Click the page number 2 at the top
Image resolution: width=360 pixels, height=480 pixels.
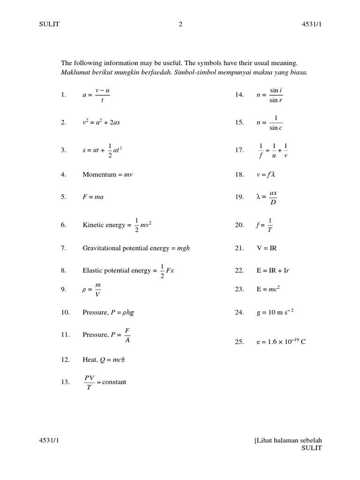click(x=180, y=25)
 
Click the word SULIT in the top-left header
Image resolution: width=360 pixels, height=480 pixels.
click(x=49, y=25)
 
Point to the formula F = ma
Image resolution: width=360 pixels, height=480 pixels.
click(x=93, y=197)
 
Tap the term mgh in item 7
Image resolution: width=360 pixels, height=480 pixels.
click(x=183, y=248)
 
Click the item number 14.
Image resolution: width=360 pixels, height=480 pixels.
click(x=240, y=95)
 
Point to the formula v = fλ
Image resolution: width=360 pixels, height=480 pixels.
click(x=265, y=174)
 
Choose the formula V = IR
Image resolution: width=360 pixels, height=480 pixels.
click(x=267, y=248)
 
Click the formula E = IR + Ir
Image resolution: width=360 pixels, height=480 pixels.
click(x=270, y=270)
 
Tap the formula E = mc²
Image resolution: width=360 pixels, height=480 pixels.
click(x=268, y=289)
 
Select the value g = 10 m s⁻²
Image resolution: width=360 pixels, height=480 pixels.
click(x=275, y=312)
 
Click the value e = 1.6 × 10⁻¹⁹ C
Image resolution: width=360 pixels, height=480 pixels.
click(x=281, y=342)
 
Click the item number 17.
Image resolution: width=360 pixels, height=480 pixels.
click(x=240, y=150)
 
